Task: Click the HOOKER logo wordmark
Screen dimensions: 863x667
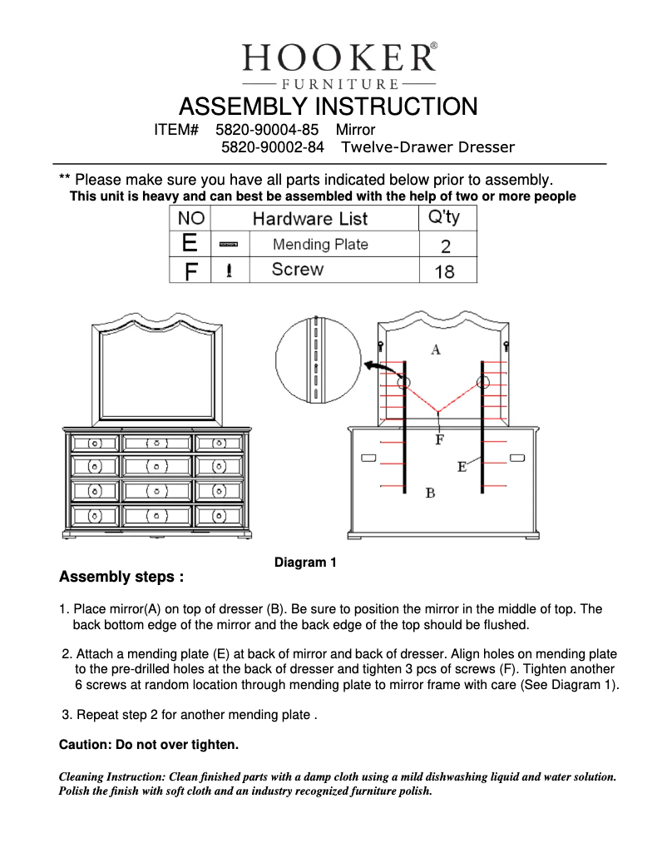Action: pos(337,57)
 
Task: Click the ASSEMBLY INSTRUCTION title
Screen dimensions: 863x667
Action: pos(328,107)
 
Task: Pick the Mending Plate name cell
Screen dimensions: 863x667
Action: pos(320,245)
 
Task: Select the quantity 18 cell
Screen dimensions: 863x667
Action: pos(445,271)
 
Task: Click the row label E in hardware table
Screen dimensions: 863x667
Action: pos(190,244)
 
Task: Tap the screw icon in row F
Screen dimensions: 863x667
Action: pos(229,270)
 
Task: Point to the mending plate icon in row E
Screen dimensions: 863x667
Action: pos(229,245)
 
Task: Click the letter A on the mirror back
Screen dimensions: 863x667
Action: pos(435,350)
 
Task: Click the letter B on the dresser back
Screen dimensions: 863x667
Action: pos(430,493)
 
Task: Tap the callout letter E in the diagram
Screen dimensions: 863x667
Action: pos(462,468)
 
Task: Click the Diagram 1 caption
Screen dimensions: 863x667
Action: pos(305,563)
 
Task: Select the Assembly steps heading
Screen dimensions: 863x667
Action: pos(121,577)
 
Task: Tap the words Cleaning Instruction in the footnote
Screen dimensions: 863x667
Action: pos(111,776)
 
